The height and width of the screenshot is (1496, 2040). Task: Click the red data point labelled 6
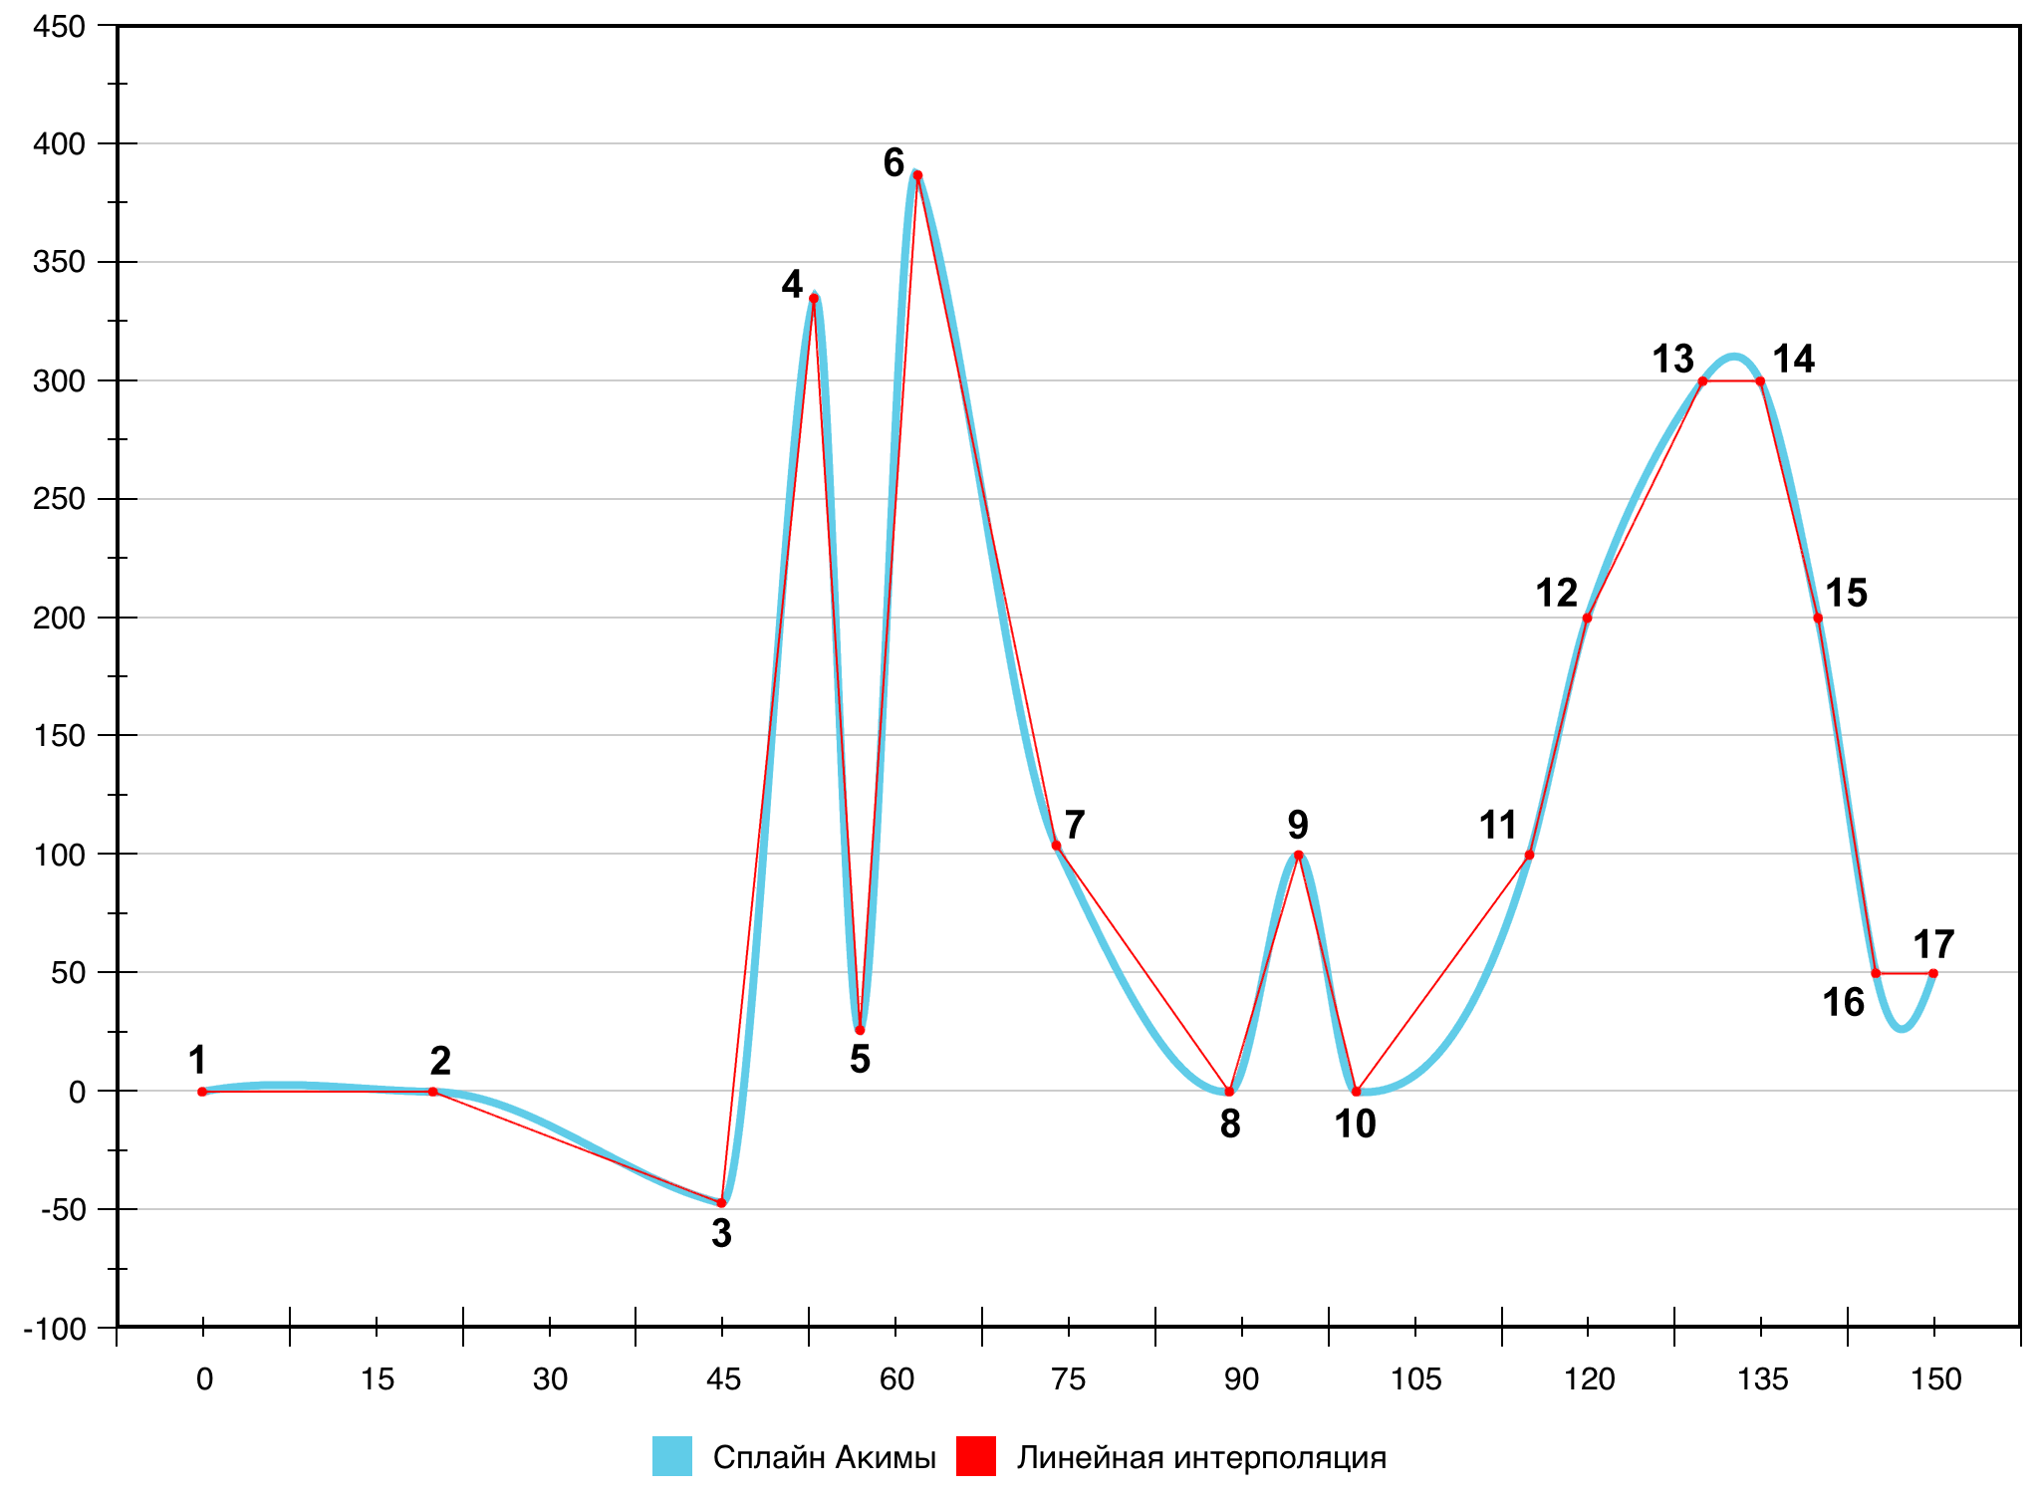tap(917, 175)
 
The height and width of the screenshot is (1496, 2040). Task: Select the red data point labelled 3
tap(721, 1203)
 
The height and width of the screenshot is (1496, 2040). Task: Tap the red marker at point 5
tap(860, 1030)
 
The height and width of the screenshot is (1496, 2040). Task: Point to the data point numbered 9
tap(1298, 855)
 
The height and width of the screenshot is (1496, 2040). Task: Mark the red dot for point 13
tap(1702, 381)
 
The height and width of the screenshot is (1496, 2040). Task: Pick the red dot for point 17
tap(1933, 973)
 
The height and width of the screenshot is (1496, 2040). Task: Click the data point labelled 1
tap(202, 1092)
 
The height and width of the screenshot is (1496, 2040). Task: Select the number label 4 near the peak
tap(792, 285)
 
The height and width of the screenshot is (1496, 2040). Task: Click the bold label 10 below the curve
tap(1355, 1124)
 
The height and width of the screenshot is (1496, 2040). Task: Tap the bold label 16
tap(1843, 1003)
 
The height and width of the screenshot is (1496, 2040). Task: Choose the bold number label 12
tap(1556, 594)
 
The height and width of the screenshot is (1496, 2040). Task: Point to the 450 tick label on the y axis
tap(59, 27)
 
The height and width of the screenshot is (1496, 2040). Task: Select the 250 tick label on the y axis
tap(59, 499)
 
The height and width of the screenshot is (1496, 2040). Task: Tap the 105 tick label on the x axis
tap(1415, 1379)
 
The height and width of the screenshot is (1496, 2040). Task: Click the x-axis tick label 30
tap(550, 1379)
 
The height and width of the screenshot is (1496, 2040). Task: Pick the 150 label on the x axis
tap(1935, 1379)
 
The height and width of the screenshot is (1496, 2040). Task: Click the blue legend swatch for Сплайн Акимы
tap(672, 1456)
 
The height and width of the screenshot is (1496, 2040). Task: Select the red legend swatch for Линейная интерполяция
tap(976, 1456)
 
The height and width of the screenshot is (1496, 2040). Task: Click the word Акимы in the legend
tap(886, 1458)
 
